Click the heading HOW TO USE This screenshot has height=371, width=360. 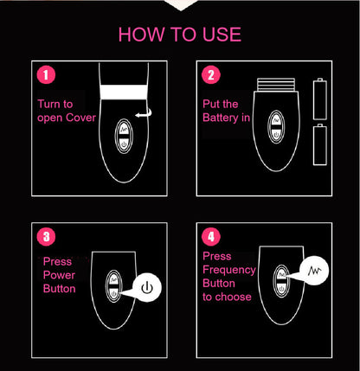pos(179,35)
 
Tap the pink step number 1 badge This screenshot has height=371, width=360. pos(47,75)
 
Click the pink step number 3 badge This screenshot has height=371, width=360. pos(47,234)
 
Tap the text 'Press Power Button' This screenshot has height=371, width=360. pos(60,274)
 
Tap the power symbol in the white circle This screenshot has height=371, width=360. pos(146,286)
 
